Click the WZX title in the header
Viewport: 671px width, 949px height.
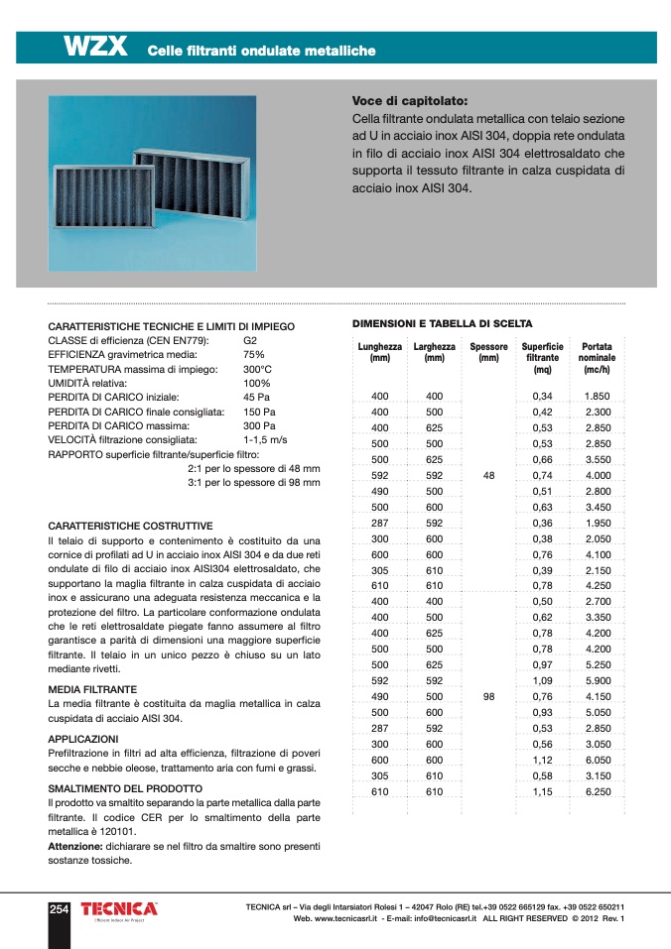[95, 47]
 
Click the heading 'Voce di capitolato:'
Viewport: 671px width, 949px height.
[410, 101]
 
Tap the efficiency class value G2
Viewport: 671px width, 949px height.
[250, 340]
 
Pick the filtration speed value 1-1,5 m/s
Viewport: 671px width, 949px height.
[265, 438]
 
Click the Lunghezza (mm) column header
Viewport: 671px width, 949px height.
[379, 352]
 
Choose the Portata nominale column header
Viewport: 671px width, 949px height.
[597, 358]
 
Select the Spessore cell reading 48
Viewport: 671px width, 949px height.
[488, 476]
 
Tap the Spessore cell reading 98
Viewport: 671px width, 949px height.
[488, 697]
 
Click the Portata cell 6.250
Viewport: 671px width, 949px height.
[597, 792]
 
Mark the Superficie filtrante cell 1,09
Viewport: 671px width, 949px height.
[542, 681]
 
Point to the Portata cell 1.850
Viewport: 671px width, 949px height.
[597, 397]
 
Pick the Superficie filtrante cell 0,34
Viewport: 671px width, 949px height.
[542, 397]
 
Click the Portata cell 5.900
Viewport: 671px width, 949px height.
[597, 681]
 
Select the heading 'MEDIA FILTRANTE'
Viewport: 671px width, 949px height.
[93, 688]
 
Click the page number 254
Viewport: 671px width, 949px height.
[59, 908]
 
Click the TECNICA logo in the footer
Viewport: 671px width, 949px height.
[119, 909]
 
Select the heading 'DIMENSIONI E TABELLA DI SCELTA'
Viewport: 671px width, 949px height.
[443, 323]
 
